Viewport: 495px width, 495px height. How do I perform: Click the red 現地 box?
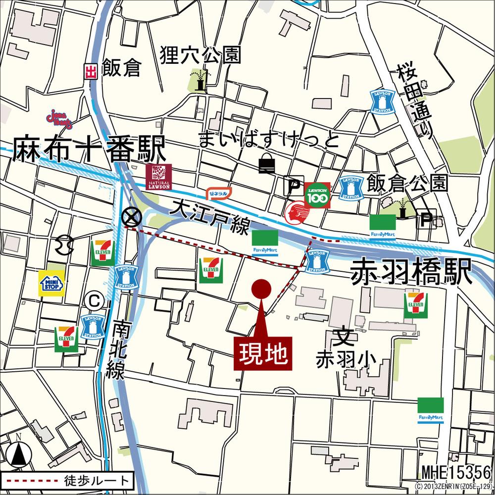click(x=263, y=353)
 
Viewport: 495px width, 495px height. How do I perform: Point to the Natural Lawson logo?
click(x=158, y=177)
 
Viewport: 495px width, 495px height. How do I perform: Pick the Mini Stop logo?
click(x=52, y=284)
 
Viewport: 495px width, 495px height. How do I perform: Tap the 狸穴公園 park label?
click(x=200, y=55)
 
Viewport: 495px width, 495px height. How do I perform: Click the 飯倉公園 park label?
click(x=407, y=183)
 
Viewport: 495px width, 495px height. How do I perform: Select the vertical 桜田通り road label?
click(x=415, y=101)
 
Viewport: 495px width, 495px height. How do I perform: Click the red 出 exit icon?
click(x=90, y=72)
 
